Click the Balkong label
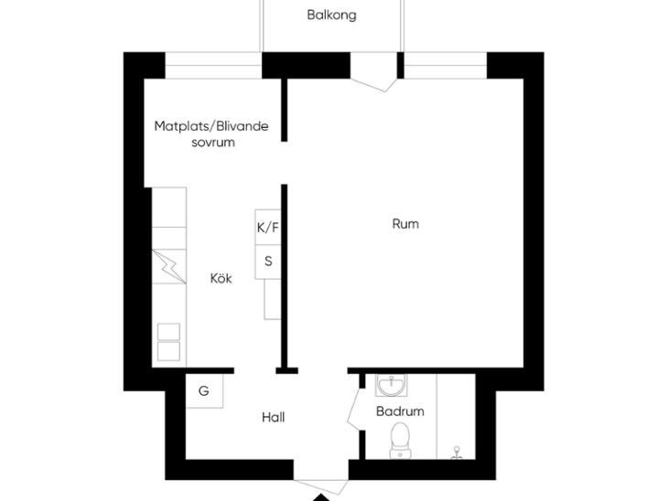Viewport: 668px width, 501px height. [x=331, y=16]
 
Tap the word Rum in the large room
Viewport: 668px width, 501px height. [x=405, y=224]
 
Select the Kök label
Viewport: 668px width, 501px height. [x=221, y=278]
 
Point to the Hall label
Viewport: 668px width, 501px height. [x=273, y=417]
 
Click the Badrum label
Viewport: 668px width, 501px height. [x=400, y=411]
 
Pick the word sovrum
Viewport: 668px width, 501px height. [x=213, y=143]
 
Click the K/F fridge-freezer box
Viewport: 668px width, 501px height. [x=268, y=227]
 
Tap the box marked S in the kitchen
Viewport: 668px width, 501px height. [x=268, y=261]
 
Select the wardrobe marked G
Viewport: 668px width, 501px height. [x=204, y=390]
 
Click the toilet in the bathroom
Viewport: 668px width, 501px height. [x=401, y=440]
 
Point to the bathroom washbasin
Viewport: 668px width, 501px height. [x=392, y=385]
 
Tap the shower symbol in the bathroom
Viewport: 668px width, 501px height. [x=458, y=453]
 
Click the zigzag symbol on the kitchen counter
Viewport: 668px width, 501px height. [x=169, y=266]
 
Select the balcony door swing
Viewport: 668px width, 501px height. [x=373, y=85]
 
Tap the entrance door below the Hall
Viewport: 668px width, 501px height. [x=321, y=487]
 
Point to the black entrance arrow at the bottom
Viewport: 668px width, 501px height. [x=322, y=497]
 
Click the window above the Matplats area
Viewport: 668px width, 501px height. [x=213, y=66]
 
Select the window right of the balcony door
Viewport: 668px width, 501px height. [x=446, y=66]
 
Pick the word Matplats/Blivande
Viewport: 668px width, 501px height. [x=211, y=126]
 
